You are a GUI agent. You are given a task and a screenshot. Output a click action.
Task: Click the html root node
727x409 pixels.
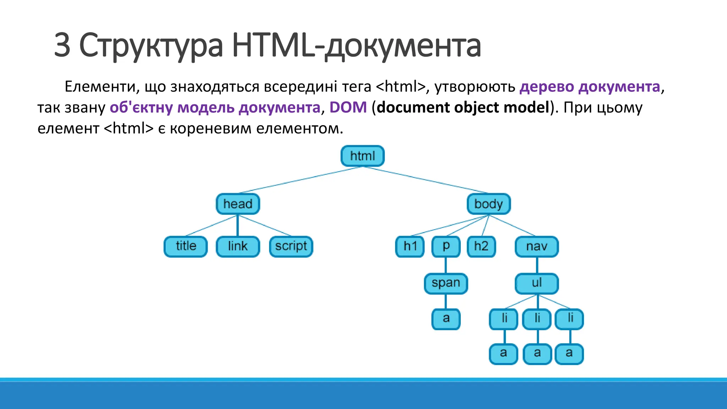pos(362,156)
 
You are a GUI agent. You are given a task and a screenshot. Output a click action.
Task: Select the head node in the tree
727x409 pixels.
pos(238,204)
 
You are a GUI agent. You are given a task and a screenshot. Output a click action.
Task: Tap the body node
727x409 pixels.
pos(488,204)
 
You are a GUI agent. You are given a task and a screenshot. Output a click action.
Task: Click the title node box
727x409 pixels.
pos(186,246)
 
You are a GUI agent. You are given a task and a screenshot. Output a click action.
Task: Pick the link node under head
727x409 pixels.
pos(238,246)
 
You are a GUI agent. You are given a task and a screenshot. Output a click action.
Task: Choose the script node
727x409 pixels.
pos(291,246)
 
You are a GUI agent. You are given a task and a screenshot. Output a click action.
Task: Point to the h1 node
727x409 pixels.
pos(410,246)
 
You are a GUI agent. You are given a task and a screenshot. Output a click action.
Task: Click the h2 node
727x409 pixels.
pos(481,246)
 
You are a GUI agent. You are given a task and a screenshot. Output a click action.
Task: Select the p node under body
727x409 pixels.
pos(446,246)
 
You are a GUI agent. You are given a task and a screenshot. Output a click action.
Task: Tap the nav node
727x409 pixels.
pos(537,246)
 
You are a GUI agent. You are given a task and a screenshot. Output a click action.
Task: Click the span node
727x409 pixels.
pos(446,283)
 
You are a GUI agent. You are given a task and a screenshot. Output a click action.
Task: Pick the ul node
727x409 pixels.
pos(537,283)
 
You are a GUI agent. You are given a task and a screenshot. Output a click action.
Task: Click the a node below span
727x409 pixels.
pos(446,318)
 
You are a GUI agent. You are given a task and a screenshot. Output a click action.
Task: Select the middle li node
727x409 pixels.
pos(537,318)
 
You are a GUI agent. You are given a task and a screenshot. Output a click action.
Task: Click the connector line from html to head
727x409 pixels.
pos(300,180)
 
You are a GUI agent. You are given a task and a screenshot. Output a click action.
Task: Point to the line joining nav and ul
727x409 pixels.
pos(537,265)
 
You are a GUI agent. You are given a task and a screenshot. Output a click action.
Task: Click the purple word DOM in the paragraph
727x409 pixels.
pos(348,107)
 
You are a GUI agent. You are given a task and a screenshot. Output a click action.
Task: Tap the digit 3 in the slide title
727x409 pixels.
pos(62,45)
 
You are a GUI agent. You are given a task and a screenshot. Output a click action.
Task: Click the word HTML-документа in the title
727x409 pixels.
pos(356,45)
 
